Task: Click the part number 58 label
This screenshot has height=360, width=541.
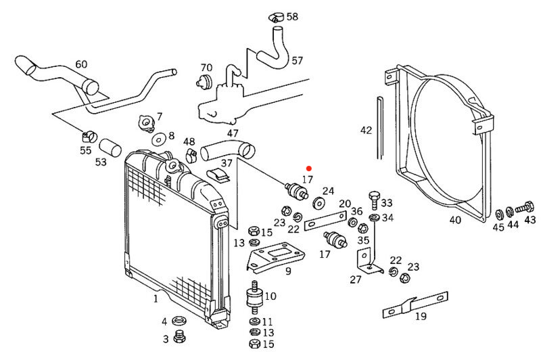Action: [x=292, y=16]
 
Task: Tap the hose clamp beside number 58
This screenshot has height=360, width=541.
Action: [x=276, y=15]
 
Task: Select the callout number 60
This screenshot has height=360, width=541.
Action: [x=81, y=65]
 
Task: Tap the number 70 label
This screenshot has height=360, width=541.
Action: [x=206, y=68]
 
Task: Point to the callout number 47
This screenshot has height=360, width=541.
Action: [x=233, y=133]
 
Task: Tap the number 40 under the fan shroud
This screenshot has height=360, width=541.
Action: [x=455, y=219]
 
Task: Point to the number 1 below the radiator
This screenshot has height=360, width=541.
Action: [x=155, y=298]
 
